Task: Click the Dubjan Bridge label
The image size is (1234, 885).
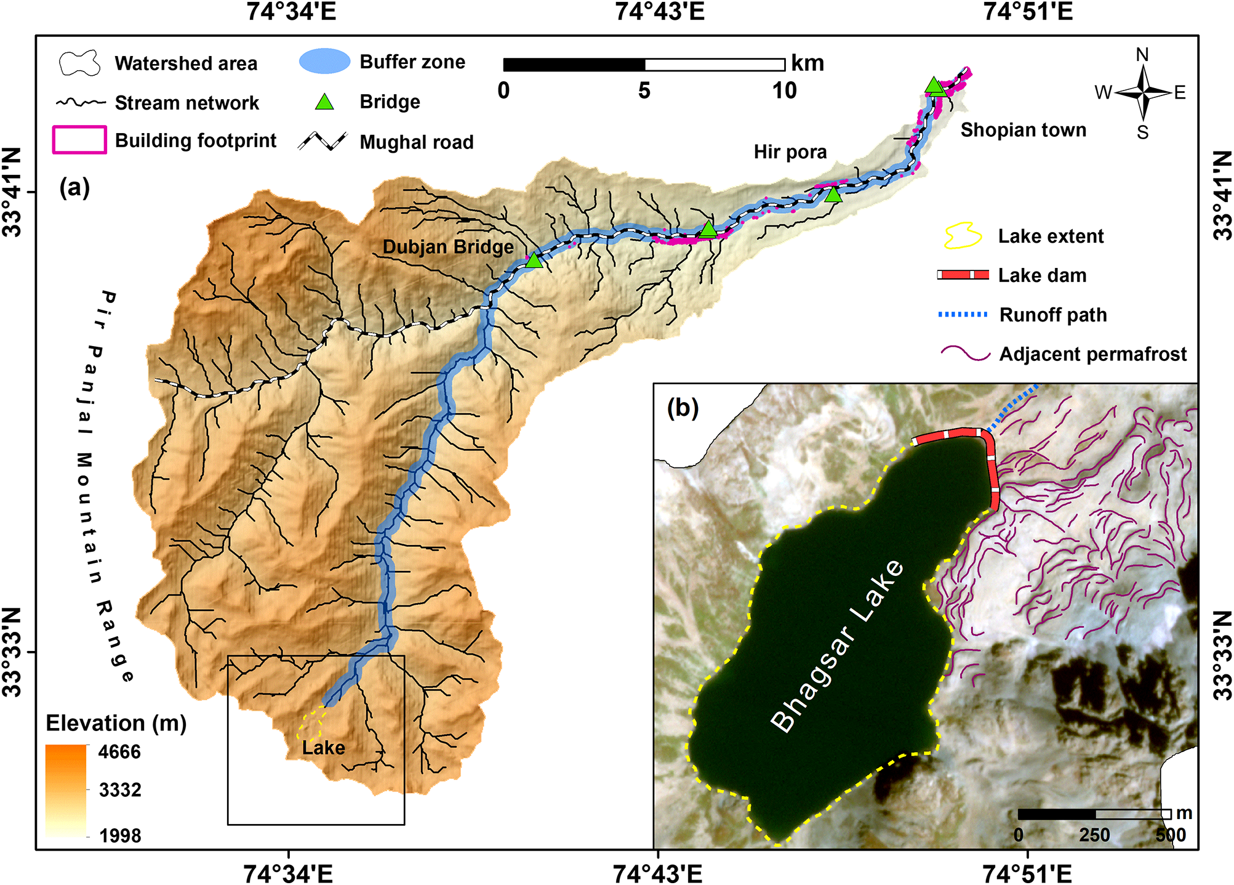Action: click(x=448, y=247)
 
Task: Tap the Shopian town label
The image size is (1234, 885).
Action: click(x=1023, y=130)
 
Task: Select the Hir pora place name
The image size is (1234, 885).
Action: click(x=790, y=152)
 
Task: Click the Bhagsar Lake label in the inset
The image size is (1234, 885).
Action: click(x=838, y=646)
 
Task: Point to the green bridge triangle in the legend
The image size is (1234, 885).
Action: click(x=324, y=102)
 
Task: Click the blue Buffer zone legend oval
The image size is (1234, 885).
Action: click(x=324, y=62)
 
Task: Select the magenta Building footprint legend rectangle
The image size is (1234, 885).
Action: click(x=79, y=140)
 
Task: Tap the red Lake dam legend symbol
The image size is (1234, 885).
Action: click(x=963, y=275)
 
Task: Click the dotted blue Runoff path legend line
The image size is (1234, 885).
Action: click(x=963, y=315)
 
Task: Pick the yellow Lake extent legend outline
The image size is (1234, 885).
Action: click(x=963, y=236)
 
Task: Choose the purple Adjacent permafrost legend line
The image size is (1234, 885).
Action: click(x=965, y=354)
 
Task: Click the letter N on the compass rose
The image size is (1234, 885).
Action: click(x=1142, y=55)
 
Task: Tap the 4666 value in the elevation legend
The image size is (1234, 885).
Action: click(x=119, y=752)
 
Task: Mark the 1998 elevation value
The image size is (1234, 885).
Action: click(x=120, y=836)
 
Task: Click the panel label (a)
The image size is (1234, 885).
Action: click(x=74, y=187)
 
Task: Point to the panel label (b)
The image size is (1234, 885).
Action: click(x=683, y=408)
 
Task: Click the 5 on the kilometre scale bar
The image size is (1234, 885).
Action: click(x=644, y=91)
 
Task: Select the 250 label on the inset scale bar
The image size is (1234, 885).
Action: click(x=1094, y=835)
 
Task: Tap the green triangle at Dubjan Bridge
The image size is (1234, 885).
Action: click(x=534, y=261)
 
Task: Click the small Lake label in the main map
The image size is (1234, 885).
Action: click(x=323, y=748)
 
